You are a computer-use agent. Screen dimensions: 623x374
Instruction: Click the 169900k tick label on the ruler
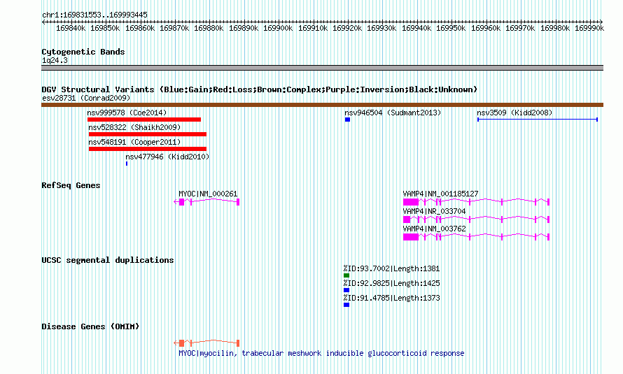pos(278,28)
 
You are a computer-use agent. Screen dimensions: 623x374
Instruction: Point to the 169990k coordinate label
pos(589,28)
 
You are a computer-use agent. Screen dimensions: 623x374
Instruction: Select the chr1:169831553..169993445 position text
pos(94,15)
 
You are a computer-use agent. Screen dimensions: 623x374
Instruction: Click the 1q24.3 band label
pos(55,60)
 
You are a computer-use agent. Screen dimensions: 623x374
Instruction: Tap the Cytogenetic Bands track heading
pos(83,52)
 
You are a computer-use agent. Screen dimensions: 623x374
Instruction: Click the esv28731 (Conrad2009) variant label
pos(86,98)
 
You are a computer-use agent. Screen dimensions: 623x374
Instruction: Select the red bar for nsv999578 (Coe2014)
pos(144,120)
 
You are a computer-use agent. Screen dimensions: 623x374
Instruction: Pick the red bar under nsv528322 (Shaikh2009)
pos(148,134)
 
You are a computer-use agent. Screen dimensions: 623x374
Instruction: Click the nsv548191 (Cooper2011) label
pos(134,142)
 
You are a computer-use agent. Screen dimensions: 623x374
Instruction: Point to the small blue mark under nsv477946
pos(127,164)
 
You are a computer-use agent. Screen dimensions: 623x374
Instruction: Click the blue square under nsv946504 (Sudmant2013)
pos(348,120)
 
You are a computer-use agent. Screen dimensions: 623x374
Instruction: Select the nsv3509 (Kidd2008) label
pos(514,113)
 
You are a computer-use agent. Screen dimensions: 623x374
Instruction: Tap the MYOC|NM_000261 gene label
pos(208,194)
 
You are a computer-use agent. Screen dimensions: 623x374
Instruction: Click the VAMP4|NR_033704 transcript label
pos(434,211)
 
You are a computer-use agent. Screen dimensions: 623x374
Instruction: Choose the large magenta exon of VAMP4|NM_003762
pos(411,237)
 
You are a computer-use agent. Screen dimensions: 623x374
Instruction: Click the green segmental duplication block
pos(346,275)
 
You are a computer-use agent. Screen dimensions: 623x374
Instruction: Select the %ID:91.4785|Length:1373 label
pos(392,298)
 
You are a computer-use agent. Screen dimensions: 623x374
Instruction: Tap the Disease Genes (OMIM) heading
pos(90,326)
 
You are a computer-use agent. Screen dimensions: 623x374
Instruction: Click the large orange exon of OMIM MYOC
pos(181,343)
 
